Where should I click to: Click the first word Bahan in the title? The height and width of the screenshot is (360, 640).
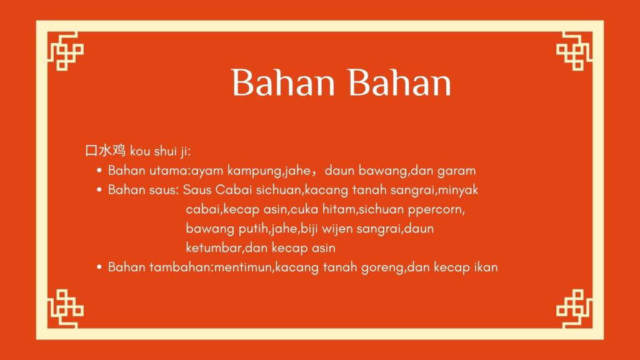[x=283, y=82]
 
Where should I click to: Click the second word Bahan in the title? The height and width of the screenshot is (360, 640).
[x=399, y=82]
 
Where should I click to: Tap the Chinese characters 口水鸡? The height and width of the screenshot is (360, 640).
[x=105, y=151]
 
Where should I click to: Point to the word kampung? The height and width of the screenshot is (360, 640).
[x=254, y=171]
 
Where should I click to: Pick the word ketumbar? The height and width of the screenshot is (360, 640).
[x=214, y=247]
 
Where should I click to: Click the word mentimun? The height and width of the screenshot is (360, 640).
[x=242, y=267]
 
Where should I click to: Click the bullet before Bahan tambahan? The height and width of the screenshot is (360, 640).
[x=99, y=267]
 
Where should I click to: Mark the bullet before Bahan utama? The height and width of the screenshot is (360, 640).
[x=99, y=171]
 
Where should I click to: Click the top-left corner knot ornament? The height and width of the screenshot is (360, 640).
[x=65, y=51]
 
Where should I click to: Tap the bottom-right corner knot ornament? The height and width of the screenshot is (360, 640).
[x=574, y=309]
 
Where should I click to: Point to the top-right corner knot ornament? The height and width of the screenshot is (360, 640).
[x=574, y=51]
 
